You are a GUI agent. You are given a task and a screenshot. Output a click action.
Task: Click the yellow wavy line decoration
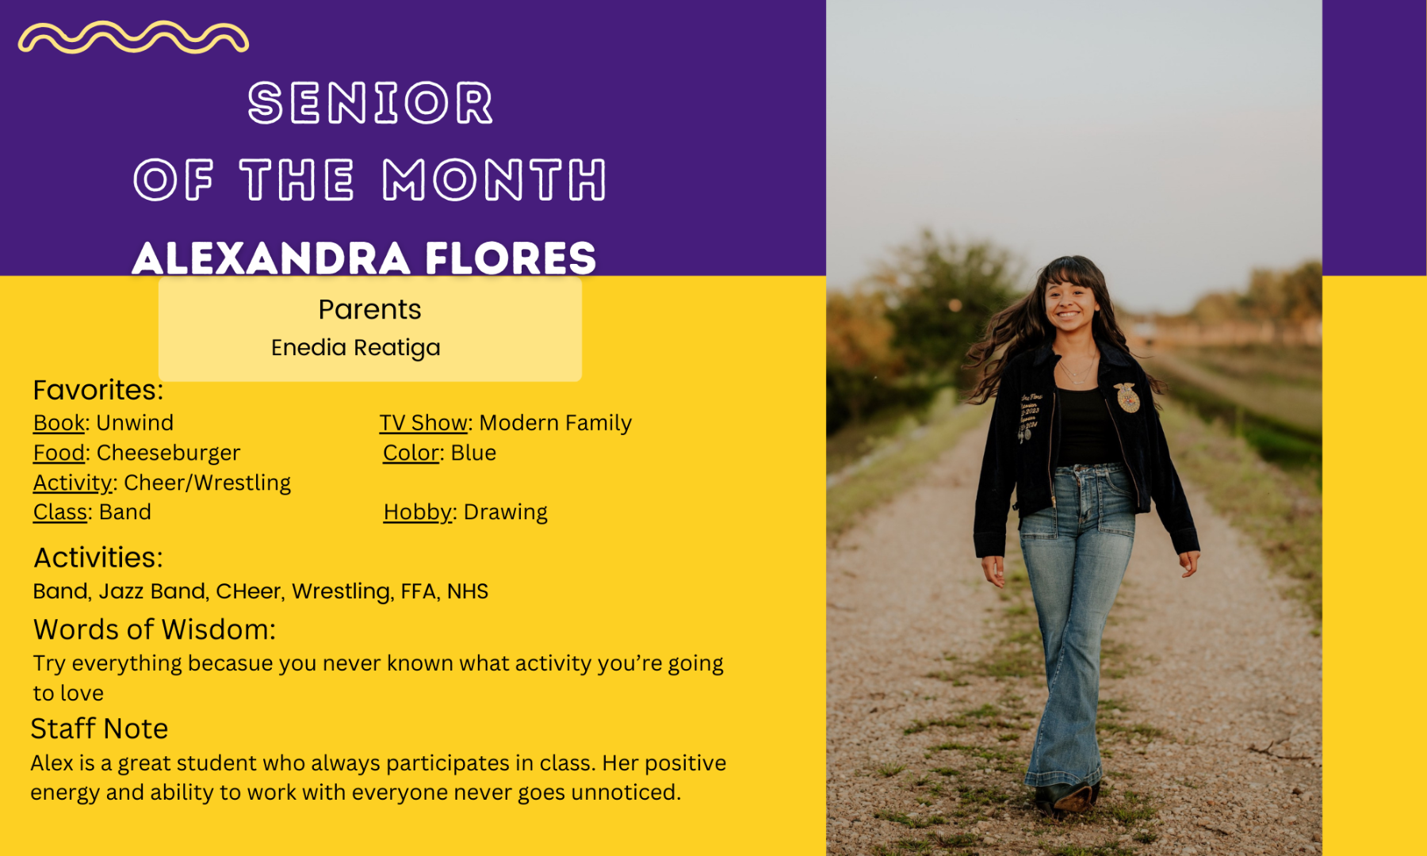click(133, 37)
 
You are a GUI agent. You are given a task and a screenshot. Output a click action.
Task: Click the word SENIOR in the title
click(370, 103)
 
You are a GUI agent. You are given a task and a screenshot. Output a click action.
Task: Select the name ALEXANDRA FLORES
click(364, 258)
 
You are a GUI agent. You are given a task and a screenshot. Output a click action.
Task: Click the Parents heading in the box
click(369, 309)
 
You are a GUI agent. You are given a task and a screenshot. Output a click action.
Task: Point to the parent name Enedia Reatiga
click(355, 348)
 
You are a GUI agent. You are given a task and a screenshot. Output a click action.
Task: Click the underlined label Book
click(59, 423)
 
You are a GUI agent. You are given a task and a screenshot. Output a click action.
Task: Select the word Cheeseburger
click(168, 453)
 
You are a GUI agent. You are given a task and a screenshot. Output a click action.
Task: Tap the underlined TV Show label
click(423, 423)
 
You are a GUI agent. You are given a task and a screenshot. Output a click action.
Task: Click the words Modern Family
click(556, 423)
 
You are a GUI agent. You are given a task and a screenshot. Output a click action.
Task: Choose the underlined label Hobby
click(418, 513)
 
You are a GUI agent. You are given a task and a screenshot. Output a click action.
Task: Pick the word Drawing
click(506, 513)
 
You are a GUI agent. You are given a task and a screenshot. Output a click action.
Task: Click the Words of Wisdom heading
click(155, 629)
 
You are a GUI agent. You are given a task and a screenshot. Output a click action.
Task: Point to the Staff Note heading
click(99, 728)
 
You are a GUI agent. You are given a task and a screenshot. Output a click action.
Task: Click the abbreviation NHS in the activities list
click(468, 591)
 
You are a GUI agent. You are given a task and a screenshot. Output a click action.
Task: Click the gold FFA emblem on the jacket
click(1127, 397)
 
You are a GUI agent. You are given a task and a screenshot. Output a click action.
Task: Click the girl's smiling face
click(1069, 303)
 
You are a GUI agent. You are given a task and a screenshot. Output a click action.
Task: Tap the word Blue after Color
click(473, 453)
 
